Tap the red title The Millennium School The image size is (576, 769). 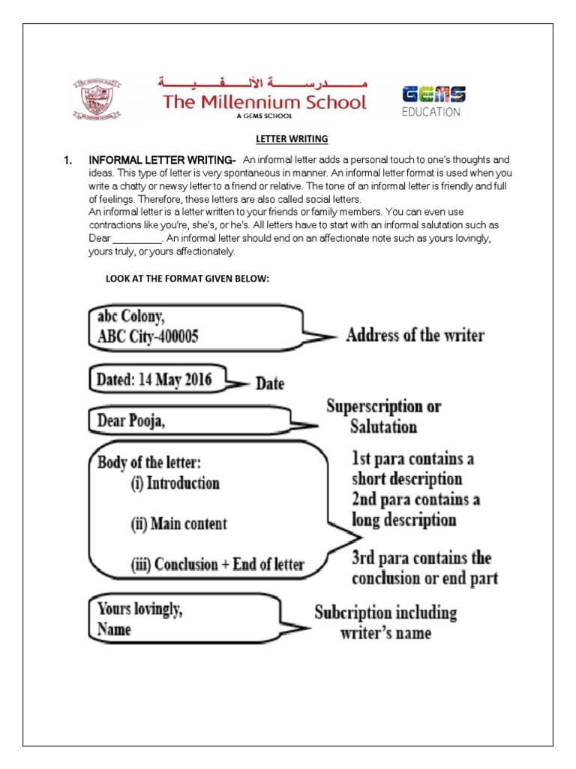pos(266,102)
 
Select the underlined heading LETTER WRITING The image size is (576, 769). pos(288,139)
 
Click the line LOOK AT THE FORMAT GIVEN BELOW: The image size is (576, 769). pos(187,279)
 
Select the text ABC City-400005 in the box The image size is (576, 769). pos(148,337)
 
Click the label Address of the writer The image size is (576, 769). pos(415,335)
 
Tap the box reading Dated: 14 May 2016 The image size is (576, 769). pos(154,380)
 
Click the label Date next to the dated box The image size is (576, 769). pos(270,384)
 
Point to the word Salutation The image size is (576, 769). pos(382,427)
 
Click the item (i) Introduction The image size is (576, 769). pos(175,483)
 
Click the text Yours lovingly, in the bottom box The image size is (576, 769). pos(139,610)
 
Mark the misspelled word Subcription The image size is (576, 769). pos(353,612)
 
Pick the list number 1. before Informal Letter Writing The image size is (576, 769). pos(67,160)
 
